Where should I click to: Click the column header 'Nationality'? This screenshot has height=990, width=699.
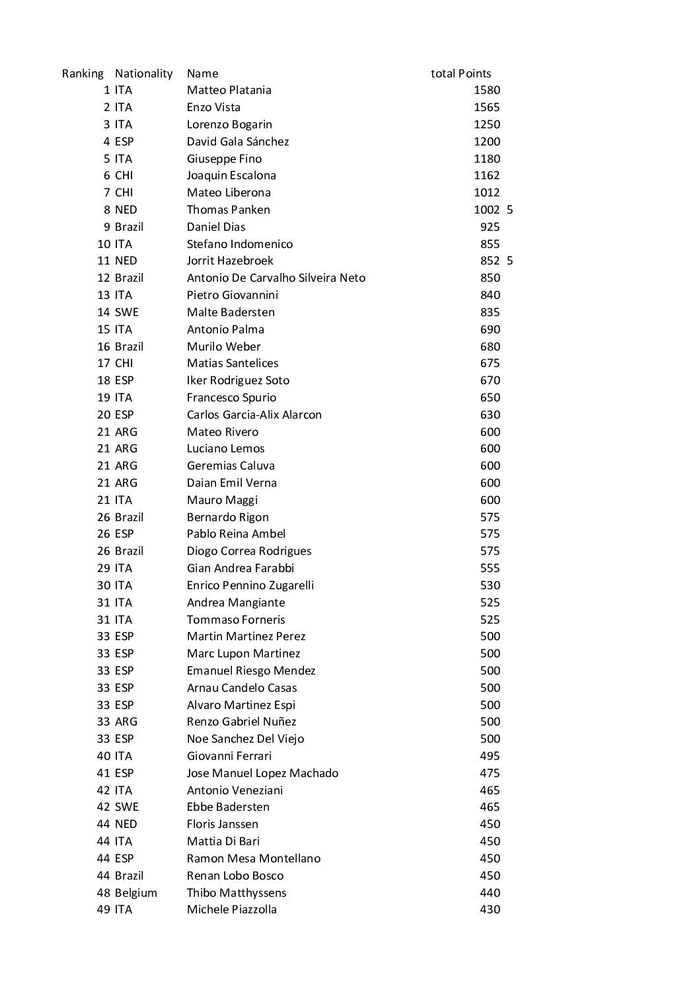(143, 73)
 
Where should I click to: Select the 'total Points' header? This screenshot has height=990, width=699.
(460, 73)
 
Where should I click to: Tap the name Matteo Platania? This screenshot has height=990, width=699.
(229, 90)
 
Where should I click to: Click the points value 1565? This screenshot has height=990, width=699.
(486, 107)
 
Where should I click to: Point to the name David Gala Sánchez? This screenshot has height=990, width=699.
(237, 142)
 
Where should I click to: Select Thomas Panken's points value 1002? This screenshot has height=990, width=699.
(486, 210)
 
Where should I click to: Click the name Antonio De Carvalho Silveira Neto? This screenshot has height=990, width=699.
(276, 278)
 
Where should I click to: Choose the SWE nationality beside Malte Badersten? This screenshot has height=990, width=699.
(126, 312)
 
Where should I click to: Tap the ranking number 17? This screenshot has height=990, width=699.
(104, 363)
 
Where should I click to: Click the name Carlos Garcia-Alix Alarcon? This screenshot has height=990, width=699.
(254, 415)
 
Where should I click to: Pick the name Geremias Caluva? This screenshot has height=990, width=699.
(231, 466)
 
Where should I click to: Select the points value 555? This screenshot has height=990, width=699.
(490, 568)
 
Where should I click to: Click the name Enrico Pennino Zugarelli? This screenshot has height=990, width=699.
(250, 585)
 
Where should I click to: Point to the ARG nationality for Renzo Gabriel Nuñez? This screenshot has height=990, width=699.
(126, 722)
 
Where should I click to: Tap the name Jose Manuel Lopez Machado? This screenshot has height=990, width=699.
(262, 773)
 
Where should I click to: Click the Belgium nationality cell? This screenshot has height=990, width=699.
(135, 893)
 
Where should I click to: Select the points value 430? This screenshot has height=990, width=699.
(490, 909)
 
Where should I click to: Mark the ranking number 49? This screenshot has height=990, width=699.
(104, 909)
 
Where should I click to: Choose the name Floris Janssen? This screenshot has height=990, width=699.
(222, 824)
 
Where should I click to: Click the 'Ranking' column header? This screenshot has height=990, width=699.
(83, 73)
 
